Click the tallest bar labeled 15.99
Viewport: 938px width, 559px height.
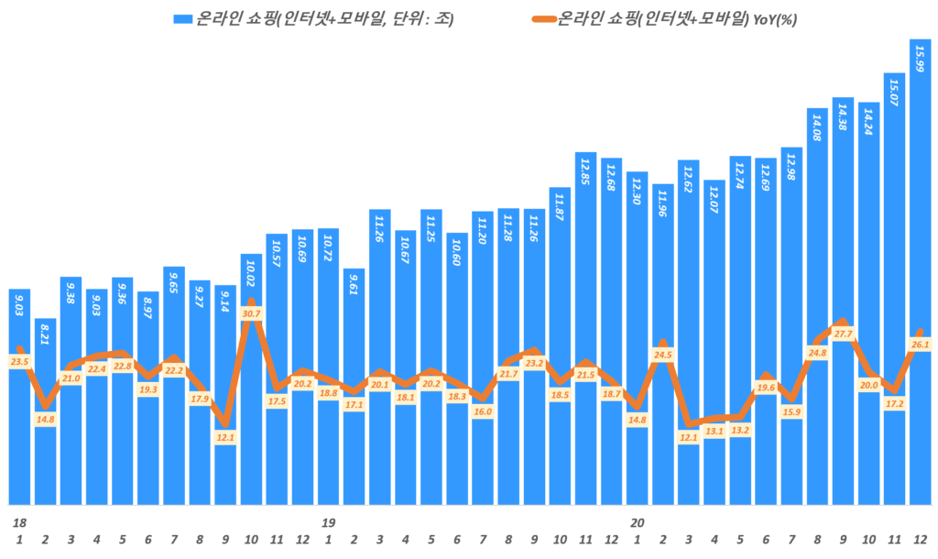(x=920, y=275)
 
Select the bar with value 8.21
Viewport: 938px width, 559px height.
(x=45, y=412)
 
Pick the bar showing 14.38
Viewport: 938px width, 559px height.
(x=843, y=302)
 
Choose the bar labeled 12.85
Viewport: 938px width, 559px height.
(x=586, y=330)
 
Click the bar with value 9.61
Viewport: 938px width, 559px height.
(x=354, y=385)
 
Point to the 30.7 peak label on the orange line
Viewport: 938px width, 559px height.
(x=251, y=313)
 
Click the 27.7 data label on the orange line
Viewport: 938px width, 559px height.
(x=843, y=334)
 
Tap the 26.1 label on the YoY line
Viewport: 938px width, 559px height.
(x=920, y=345)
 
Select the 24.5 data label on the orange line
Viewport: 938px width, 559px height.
(x=663, y=355)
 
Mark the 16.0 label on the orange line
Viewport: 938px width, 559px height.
(x=483, y=411)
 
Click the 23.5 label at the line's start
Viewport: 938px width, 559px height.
(x=19, y=362)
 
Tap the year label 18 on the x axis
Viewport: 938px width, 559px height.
(x=19, y=522)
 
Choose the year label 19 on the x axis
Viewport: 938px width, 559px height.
(x=328, y=522)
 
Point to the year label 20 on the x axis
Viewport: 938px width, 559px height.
(x=637, y=522)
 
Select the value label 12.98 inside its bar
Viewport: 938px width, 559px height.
(x=791, y=166)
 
